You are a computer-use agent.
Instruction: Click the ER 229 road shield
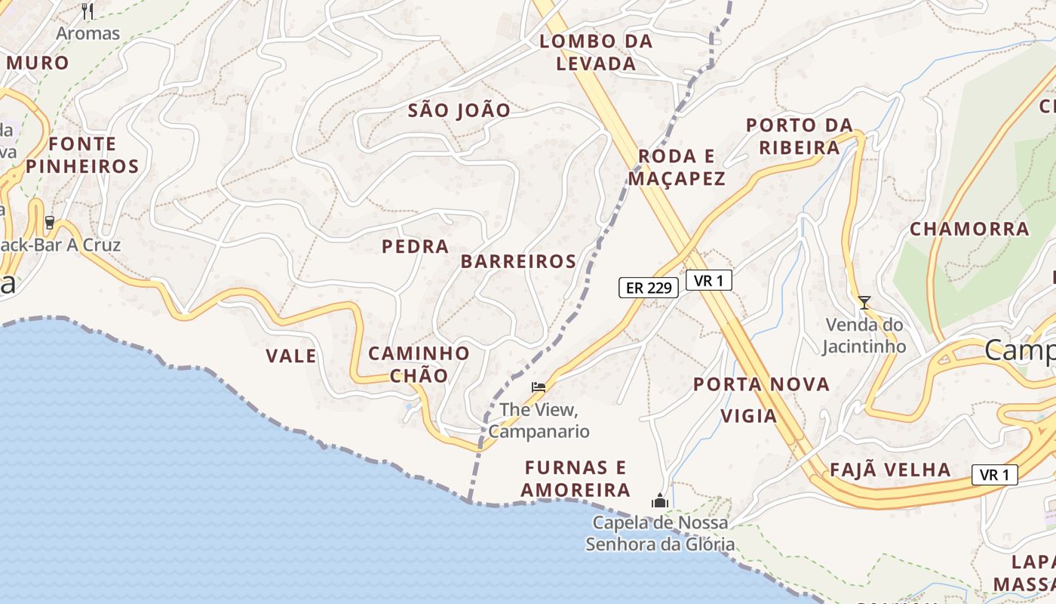point(648,288)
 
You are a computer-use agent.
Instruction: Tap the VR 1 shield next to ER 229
point(708,280)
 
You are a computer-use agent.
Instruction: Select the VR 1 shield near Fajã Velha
point(994,475)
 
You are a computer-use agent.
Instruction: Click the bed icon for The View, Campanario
point(538,387)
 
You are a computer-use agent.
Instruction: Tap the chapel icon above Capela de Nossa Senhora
point(660,501)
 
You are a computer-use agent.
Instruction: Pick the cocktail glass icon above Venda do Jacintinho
point(864,303)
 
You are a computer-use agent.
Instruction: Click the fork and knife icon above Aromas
point(87,11)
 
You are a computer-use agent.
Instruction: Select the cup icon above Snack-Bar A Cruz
point(50,223)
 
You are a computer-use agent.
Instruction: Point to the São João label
point(459,110)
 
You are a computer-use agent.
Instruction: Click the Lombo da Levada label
point(596,52)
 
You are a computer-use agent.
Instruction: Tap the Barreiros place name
point(518,261)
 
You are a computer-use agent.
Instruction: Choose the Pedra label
point(415,246)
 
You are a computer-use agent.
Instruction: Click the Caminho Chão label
point(419,364)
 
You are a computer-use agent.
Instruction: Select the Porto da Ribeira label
point(799,136)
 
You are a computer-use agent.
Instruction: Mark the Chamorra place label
point(969,229)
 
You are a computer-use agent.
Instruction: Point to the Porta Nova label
point(761,384)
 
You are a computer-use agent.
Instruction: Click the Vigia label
point(748,416)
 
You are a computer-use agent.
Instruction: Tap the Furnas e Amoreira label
point(576,479)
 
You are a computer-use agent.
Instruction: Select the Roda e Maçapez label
point(676,168)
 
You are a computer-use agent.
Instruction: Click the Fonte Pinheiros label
point(83,155)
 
